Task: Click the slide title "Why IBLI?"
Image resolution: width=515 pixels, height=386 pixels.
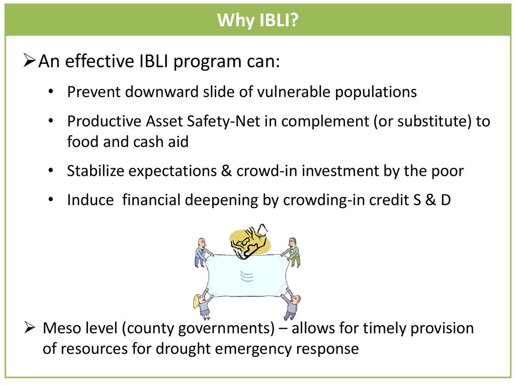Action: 258,20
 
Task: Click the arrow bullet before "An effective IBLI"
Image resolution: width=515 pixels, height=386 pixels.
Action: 29,61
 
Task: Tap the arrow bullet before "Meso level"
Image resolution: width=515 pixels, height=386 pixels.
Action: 29,327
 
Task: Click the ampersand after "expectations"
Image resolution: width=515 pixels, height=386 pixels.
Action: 226,171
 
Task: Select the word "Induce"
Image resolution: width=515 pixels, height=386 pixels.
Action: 91,200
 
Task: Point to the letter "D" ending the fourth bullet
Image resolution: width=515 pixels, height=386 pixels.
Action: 446,200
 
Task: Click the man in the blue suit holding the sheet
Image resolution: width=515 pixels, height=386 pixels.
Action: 202,252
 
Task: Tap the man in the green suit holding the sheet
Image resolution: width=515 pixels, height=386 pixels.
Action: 293,252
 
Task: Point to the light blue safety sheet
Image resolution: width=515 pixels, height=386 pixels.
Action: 247,276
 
